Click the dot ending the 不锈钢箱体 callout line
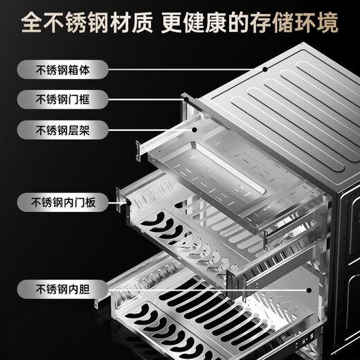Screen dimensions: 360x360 263,69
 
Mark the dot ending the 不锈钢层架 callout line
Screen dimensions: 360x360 196,129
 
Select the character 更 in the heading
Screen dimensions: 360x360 171,24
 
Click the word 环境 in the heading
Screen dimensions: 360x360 317,24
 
